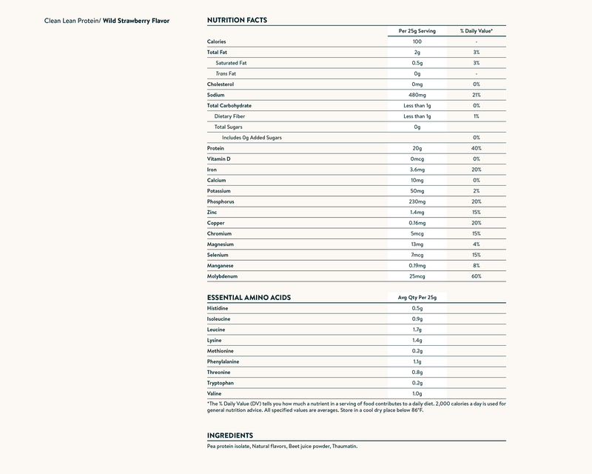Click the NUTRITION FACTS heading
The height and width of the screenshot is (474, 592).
point(237,20)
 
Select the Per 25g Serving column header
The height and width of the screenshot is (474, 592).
point(417,31)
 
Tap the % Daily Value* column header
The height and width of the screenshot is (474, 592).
point(477,31)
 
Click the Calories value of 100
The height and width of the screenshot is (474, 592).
point(417,41)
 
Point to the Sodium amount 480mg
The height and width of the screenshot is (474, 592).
point(417,95)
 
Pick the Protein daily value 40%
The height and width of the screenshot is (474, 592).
point(477,148)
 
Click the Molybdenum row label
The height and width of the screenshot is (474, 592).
point(223,276)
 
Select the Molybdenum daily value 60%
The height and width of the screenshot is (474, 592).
point(477,276)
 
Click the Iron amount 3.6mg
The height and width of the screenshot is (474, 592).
point(417,170)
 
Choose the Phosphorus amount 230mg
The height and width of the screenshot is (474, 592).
point(417,201)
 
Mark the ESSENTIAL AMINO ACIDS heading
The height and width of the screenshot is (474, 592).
point(249,297)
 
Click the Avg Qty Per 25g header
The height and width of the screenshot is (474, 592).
point(417,297)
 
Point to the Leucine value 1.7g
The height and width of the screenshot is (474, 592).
point(417,329)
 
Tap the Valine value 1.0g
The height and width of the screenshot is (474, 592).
point(417,393)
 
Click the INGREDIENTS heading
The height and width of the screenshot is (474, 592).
point(231,435)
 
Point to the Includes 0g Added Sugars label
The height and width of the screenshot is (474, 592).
point(252,138)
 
